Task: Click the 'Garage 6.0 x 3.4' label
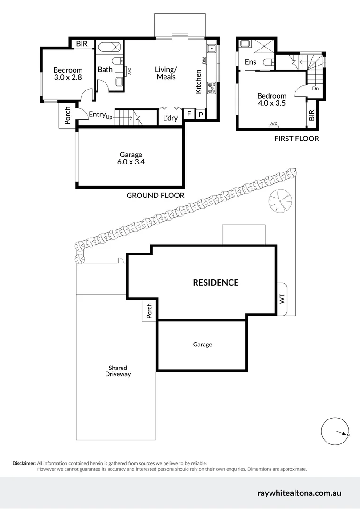pos(131,158)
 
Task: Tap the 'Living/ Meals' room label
pos(165,73)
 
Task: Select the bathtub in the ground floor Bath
pos(109,47)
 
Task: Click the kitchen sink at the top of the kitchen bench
pos(212,48)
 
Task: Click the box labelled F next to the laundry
pos(189,114)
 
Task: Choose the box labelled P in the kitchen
pos(200,114)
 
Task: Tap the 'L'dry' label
pos(170,118)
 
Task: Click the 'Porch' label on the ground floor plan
pos(67,116)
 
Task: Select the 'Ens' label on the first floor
pos(251,62)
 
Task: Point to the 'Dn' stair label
pos(315,88)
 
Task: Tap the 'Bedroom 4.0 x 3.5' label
pos(272,99)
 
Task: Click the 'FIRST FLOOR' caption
pos(296,139)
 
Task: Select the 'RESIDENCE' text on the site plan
pos(215,283)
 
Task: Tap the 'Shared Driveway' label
pos(118,371)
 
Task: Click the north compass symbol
pos(335,431)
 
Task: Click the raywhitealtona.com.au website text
pos(299,493)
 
